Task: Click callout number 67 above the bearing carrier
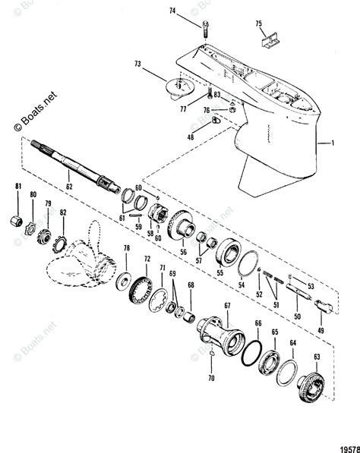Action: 226,305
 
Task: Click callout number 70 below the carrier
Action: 213,377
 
